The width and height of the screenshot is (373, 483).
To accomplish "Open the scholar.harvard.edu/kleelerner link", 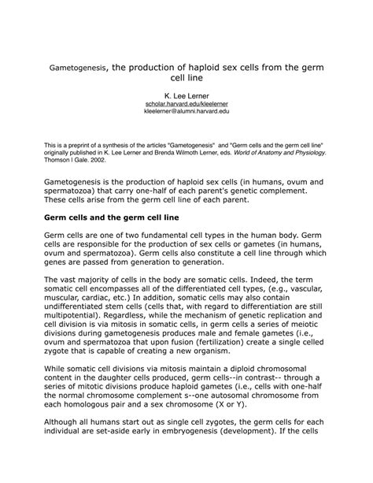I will (x=186, y=104).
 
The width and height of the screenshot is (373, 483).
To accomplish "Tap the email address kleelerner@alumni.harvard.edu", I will (x=186, y=112).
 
